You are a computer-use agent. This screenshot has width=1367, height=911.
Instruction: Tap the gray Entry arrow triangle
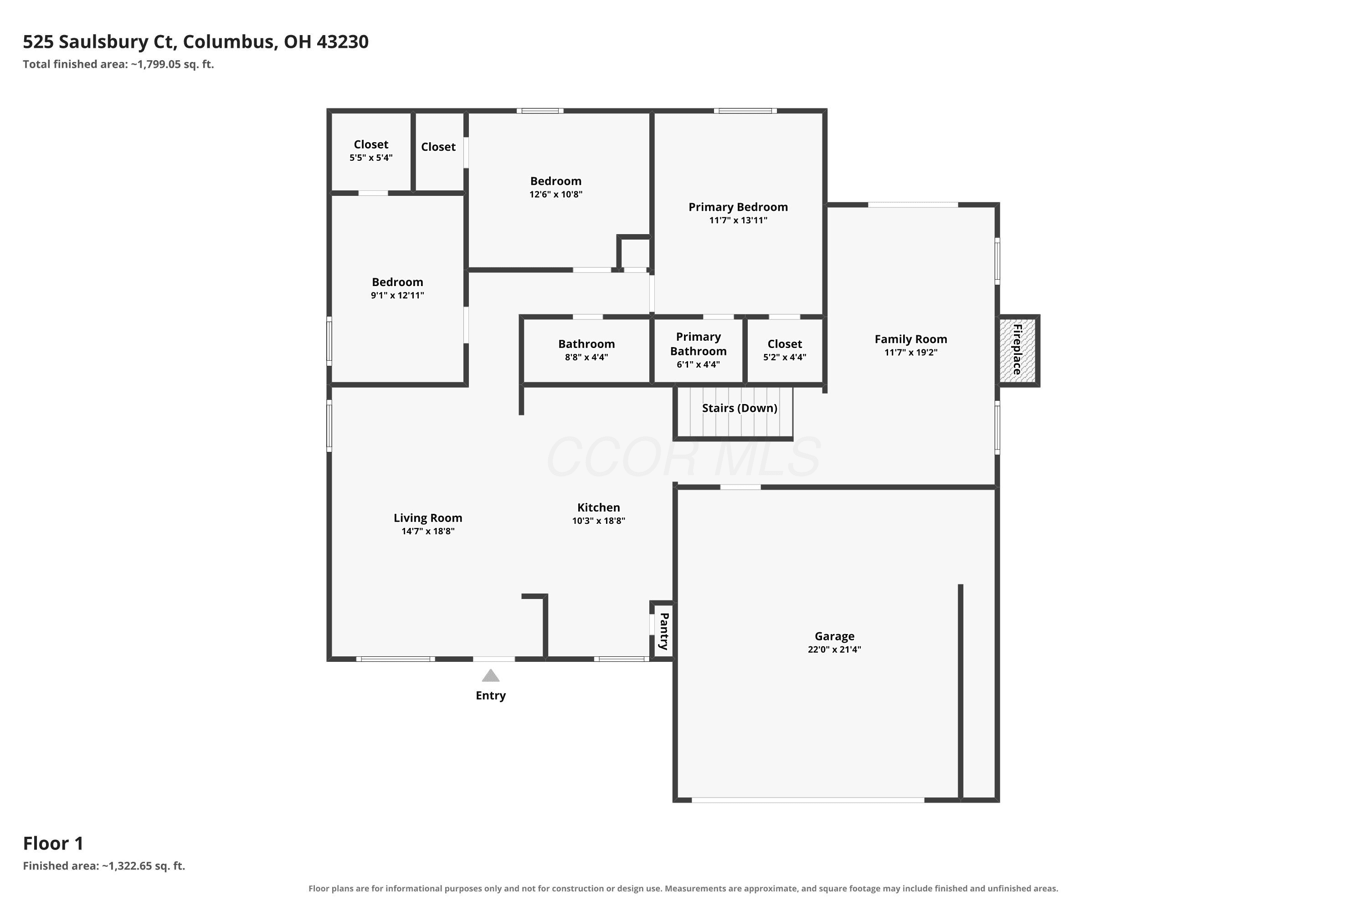pos(491,675)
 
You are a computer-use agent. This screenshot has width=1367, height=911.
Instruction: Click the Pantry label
pos(664,631)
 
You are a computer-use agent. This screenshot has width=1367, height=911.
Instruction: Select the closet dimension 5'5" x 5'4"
pos(371,158)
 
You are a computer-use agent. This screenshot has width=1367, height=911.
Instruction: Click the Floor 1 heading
pos(53,843)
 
